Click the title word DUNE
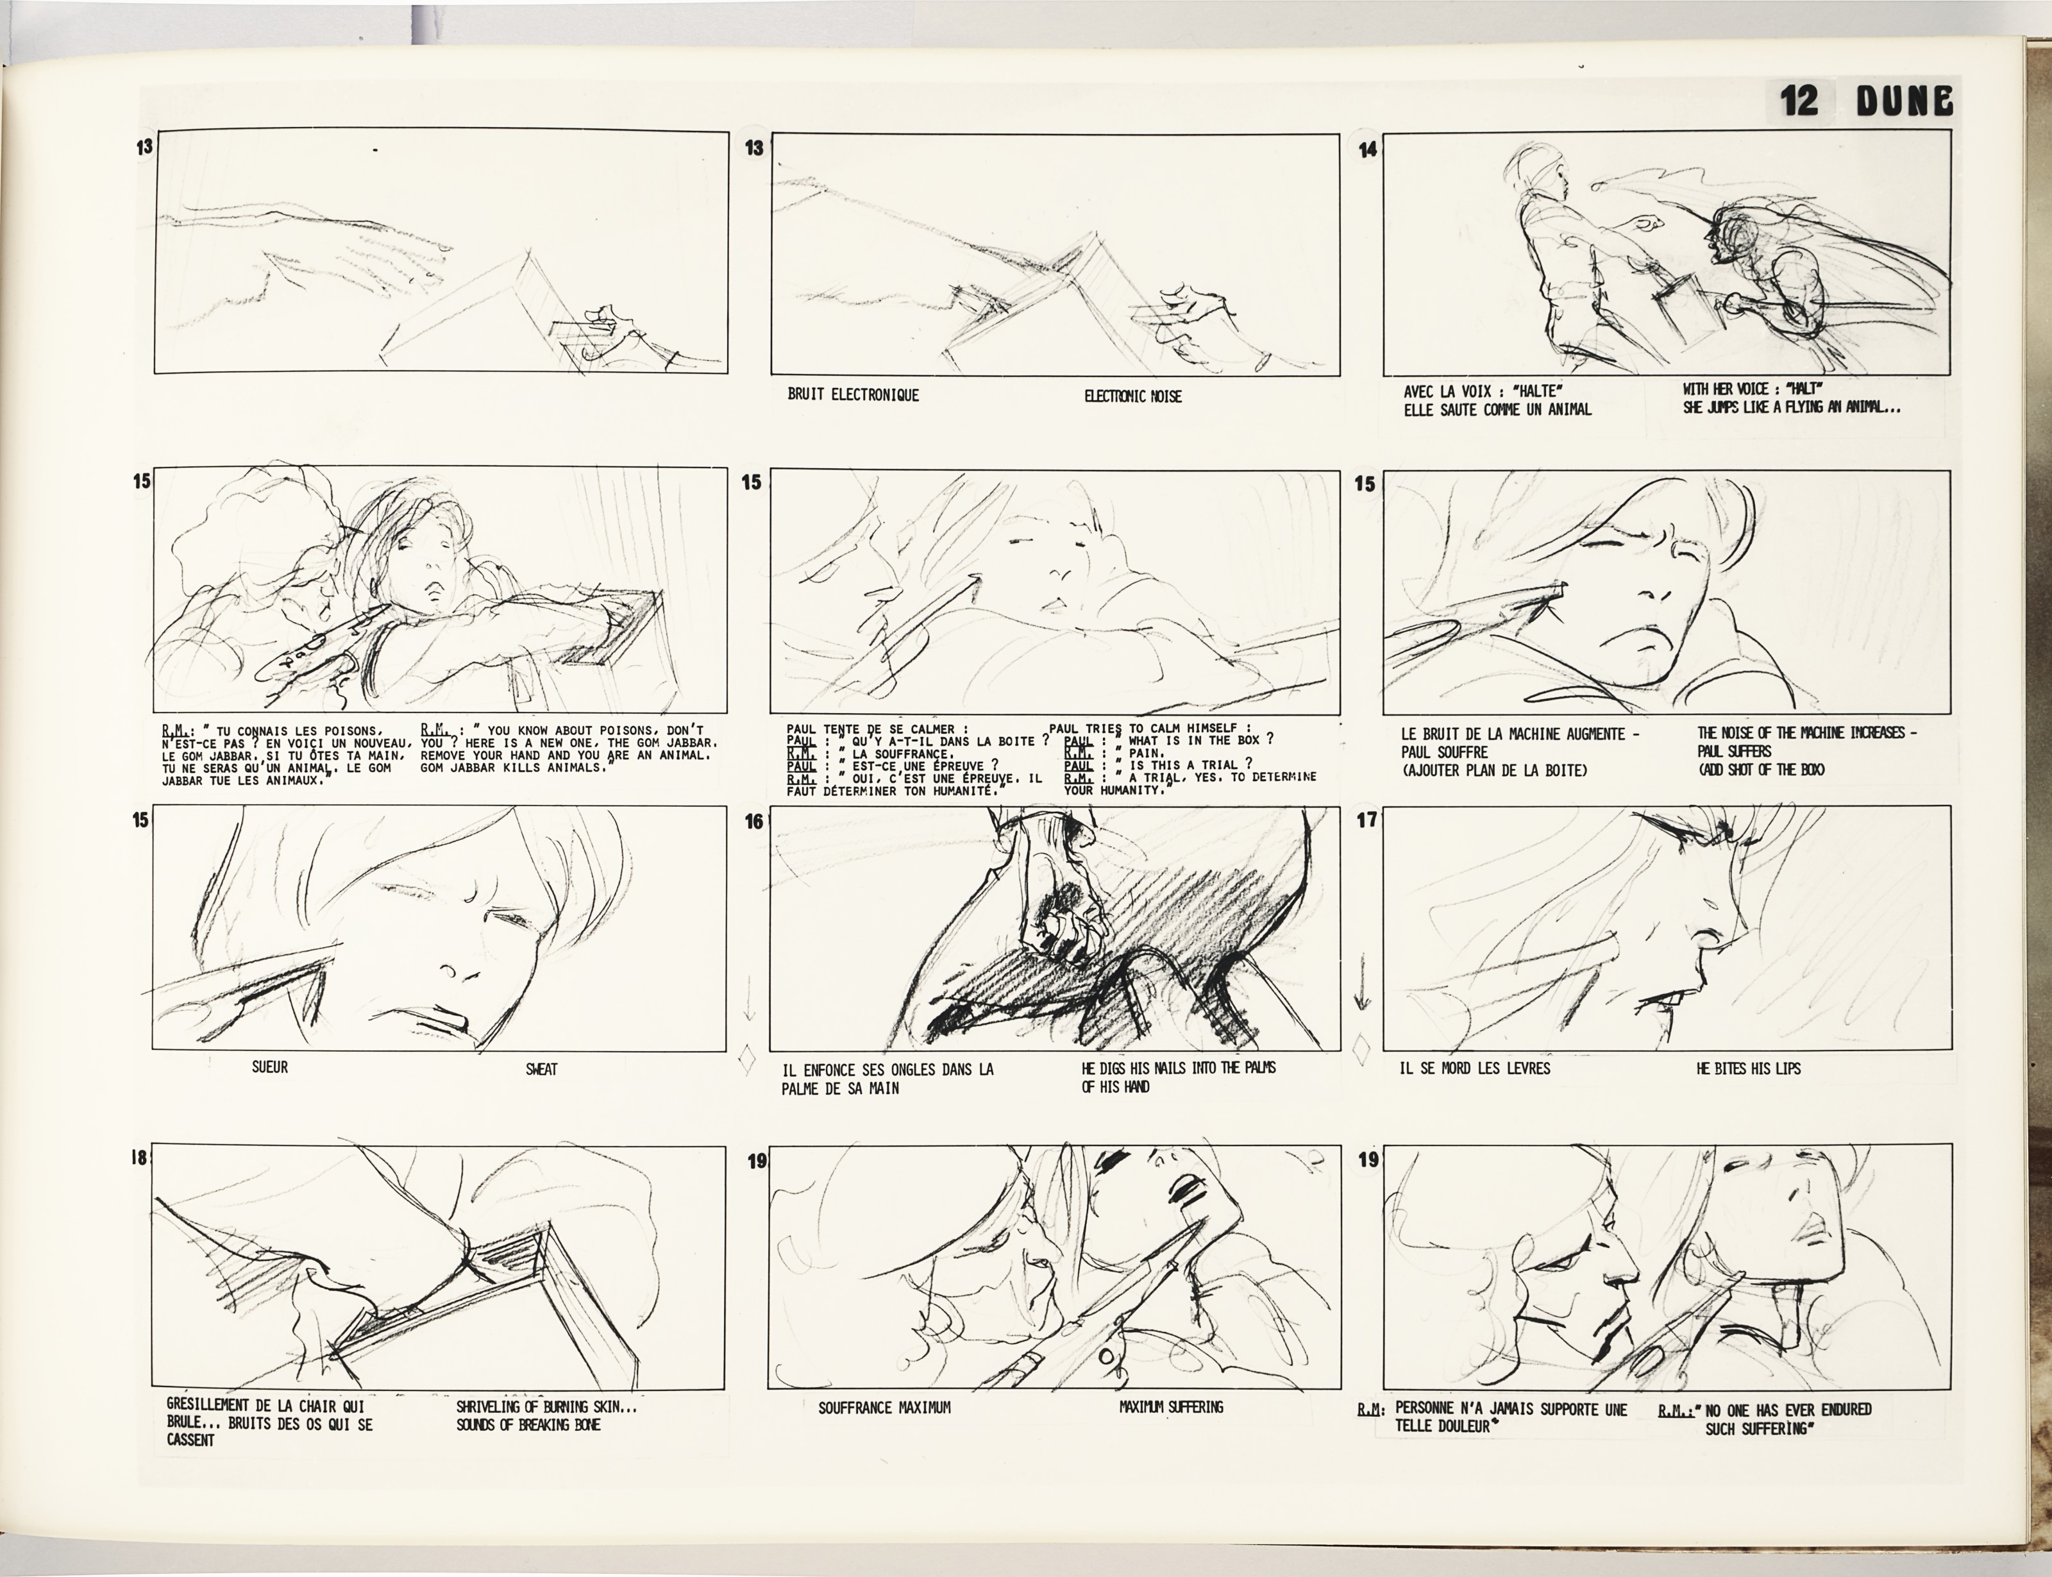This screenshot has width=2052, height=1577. [x=1905, y=101]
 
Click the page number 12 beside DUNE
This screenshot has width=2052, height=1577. [x=1799, y=101]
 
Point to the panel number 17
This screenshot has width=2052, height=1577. [x=1367, y=820]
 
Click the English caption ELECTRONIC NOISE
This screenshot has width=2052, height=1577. [x=1133, y=396]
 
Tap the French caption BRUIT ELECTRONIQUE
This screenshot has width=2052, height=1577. [x=854, y=395]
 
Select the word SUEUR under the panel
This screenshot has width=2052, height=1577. [x=271, y=1067]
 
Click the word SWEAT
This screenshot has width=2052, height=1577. [x=542, y=1068]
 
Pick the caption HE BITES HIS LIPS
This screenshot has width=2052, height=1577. [x=1749, y=1068]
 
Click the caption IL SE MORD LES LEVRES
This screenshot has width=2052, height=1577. [x=1475, y=1068]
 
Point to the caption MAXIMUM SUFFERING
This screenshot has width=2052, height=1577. [x=1170, y=1407]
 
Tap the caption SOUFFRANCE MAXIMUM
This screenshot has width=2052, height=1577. [x=884, y=1408]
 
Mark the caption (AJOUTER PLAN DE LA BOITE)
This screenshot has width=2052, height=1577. [x=1493, y=771]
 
